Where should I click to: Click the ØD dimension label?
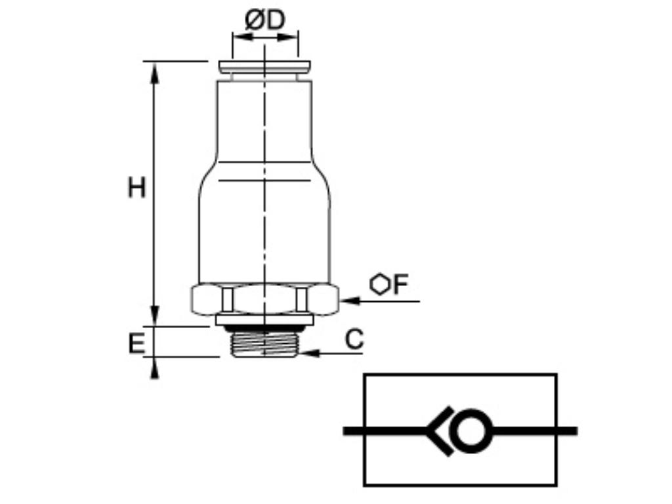(265, 20)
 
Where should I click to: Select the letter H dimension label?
(136, 188)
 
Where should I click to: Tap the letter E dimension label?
(136, 343)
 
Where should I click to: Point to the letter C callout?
(354, 339)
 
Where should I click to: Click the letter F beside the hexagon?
(400, 285)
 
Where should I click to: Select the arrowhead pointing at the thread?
(310, 353)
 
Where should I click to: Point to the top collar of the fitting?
(265, 67)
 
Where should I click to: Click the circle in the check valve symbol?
(470, 431)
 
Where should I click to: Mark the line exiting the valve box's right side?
(567, 431)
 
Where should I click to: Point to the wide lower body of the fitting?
(265, 230)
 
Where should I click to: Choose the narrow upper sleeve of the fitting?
(265, 118)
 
